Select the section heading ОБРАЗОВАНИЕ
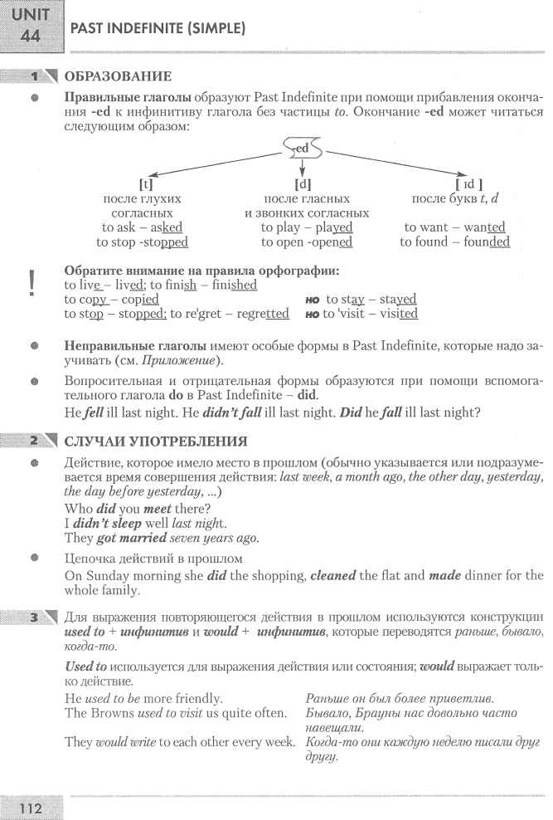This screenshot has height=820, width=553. click(x=118, y=77)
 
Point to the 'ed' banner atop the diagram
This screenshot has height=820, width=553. click(x=301, y=149)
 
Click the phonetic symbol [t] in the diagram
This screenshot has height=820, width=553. click(x=144, y=184)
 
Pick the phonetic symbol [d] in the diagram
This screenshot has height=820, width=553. click(x=303, y=184)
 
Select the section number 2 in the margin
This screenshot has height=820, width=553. click(x=36, y=440)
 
